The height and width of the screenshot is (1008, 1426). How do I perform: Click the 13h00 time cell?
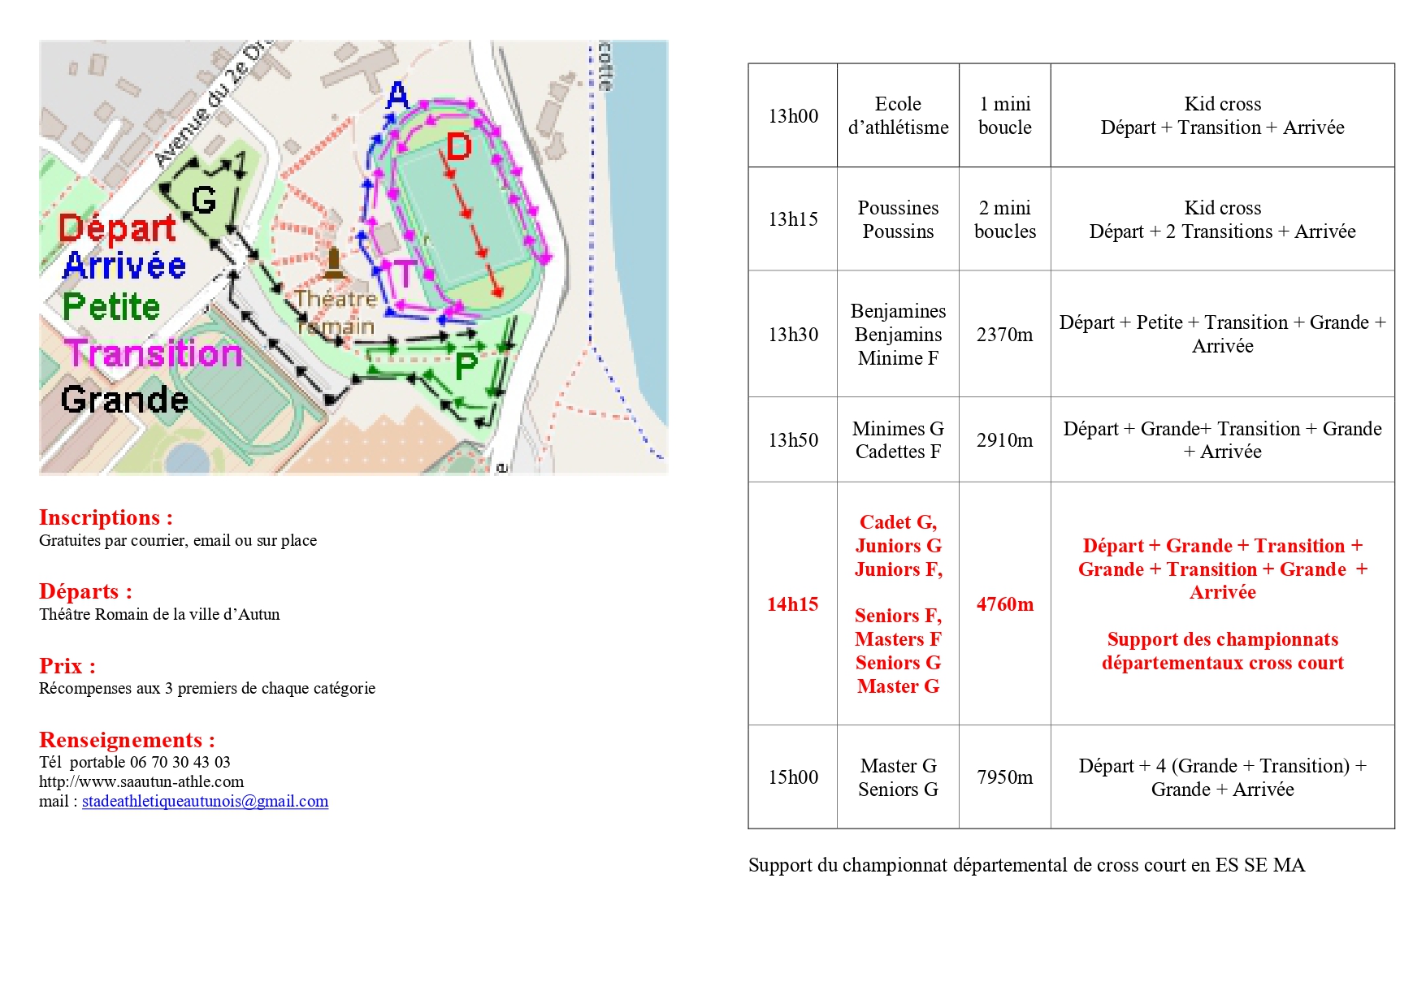793,116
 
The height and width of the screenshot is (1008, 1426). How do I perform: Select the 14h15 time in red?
792,604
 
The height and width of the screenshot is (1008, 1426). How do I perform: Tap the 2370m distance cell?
1004,335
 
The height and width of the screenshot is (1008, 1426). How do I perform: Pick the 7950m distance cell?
1004,777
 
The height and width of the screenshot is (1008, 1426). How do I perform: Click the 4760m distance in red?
1004,604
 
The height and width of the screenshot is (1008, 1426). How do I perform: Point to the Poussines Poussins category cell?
898,219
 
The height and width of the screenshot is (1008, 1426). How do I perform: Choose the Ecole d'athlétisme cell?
898,116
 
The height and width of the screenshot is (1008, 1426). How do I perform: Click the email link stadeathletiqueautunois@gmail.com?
205,802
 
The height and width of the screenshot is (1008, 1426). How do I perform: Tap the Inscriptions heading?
106,517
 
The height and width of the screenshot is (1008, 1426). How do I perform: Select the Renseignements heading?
127,740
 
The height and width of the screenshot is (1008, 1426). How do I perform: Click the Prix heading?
67,666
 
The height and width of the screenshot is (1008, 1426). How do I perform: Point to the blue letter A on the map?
397,95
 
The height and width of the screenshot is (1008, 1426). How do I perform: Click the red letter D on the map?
459,147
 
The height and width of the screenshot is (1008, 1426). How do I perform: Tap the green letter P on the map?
466,366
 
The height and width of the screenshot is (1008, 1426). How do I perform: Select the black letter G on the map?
203,200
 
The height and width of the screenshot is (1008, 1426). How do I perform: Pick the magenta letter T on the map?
404,273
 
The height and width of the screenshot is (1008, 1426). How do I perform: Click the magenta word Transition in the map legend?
154,353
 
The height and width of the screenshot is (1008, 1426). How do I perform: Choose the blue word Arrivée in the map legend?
124,266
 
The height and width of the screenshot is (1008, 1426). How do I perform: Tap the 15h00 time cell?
793,777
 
